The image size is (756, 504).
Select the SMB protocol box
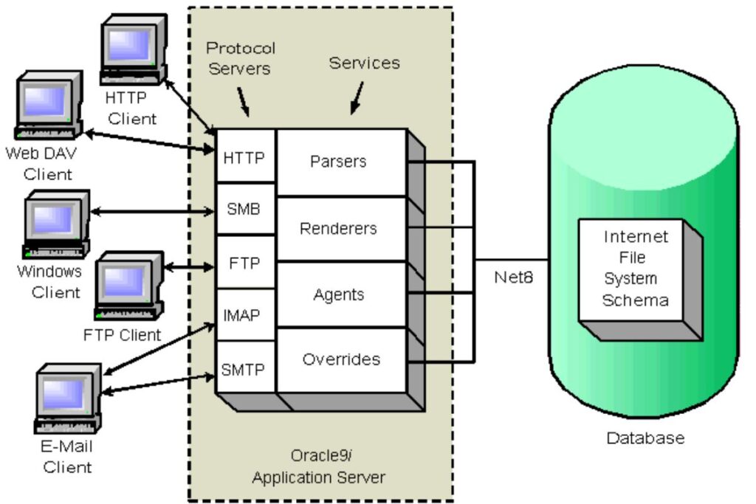(244, 209)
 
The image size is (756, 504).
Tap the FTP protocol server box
(244, 263)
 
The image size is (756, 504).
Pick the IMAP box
(244, 316)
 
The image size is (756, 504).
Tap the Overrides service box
(341, 360)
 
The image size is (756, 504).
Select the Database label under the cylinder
(645, 438)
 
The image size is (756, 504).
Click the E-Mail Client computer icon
(67, 403)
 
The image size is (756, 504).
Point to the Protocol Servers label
(241, 58)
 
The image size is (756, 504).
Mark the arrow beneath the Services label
(357, 97)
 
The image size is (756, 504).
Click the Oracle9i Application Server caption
(318, 466)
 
